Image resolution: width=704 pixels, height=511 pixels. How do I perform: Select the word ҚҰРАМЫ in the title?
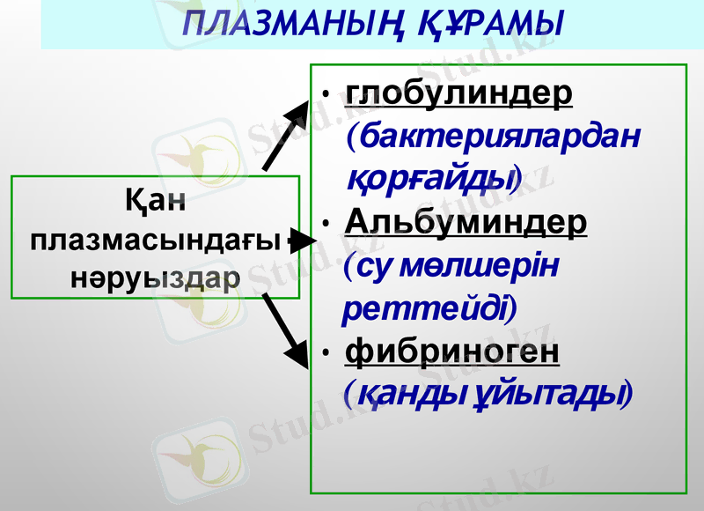[x=474, y=25]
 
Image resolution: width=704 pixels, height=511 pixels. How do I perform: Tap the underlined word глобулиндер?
[x=459, y=93]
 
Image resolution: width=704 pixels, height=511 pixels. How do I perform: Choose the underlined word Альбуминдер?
[x=466, y=220]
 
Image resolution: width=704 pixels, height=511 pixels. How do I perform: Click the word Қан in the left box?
[x=156, y=202]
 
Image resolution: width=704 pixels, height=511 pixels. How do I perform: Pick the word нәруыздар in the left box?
[x=155, y=278]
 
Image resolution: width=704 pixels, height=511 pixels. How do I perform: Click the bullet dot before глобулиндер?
[x=326, y=93]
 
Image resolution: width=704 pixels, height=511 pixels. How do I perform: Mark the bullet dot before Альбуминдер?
[x=326, y=223]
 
